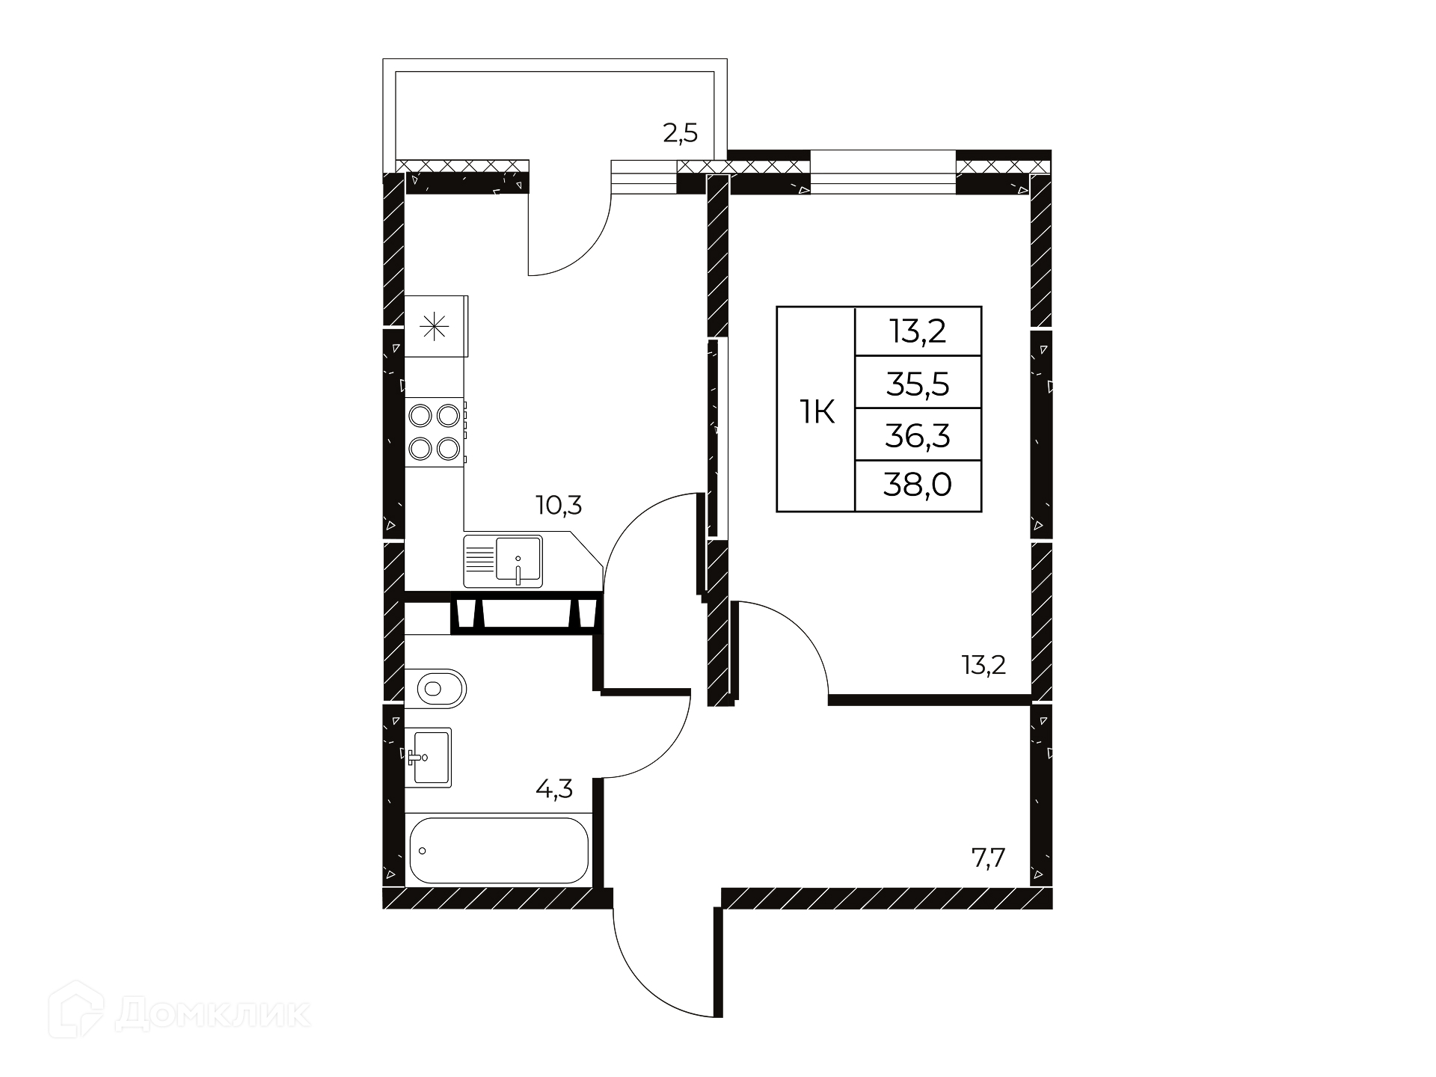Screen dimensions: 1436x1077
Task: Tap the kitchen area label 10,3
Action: (559, 506)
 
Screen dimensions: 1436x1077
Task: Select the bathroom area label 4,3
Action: (555, 789)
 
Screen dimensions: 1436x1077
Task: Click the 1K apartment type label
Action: (817, 411)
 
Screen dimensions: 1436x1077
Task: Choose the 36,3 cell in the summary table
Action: (918, 435)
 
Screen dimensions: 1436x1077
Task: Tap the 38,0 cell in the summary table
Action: (918, 485)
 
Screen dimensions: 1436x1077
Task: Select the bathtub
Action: (499, 850)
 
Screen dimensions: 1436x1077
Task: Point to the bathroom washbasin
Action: (429, 757)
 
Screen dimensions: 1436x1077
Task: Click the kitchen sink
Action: (503, 561)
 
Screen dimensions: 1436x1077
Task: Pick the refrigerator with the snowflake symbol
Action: (436, 327)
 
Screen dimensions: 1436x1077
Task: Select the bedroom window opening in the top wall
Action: (883, 173)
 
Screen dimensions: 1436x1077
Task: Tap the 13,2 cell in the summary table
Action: (918, 331)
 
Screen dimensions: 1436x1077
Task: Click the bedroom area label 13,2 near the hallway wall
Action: (984, 665)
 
